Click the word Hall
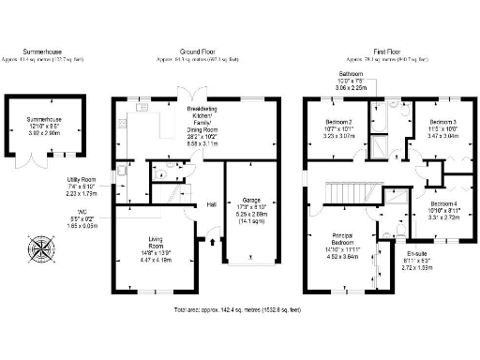[x=212, y=204]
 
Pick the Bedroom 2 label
[x=338, y=123]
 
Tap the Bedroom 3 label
[x=442, y=123]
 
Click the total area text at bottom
[x=242, y=308]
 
